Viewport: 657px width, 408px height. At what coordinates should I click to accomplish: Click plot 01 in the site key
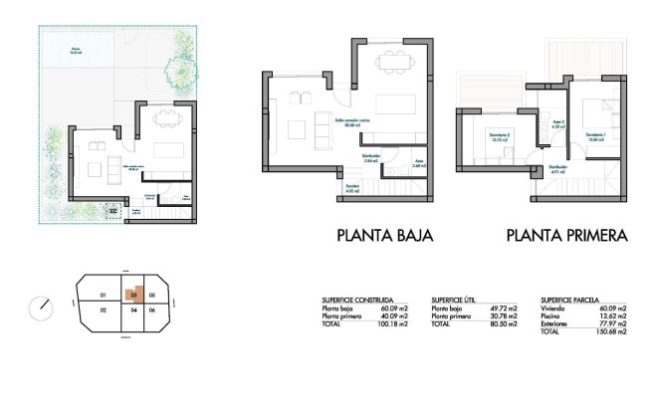103,296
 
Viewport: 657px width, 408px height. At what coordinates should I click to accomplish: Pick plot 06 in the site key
151,311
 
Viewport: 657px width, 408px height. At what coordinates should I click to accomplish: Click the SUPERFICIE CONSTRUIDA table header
356,299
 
